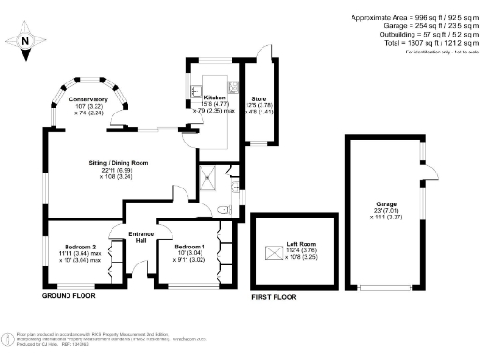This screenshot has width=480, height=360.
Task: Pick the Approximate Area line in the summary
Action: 412,18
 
